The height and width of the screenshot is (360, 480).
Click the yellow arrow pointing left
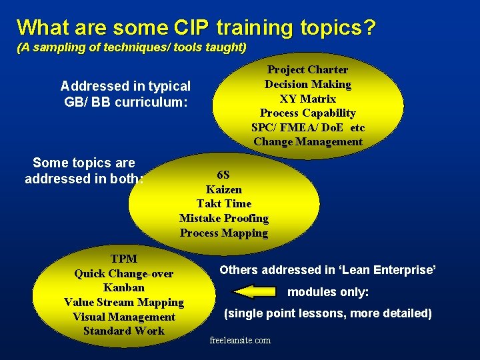pyautogui.click(x=254, y=292)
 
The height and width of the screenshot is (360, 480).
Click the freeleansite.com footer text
pyautogui.click(x=240, y=341)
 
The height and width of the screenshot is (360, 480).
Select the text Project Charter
pyautogui.click(x=307, y=69)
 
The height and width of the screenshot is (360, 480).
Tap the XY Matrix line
pyautogui.click(x=307, y=99)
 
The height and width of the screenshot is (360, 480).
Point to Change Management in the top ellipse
pyautogui.click(x=307, y=141)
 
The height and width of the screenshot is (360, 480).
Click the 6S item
pyautogui.click(x=224, y=175)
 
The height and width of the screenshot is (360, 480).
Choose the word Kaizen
pyautogui.click(x=224, y=189)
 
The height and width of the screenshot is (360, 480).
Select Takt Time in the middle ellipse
pyautogui.click(x=224, y=204)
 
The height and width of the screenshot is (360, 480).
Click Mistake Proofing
pyautogui.click(x=224, y=219)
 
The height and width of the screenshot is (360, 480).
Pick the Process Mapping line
pyautogui.click(x=224, y=233)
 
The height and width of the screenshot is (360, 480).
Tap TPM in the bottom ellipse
pyautogui.click(x=124, y=259)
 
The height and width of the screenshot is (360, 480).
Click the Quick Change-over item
pyautogui.click(x=124, y=273)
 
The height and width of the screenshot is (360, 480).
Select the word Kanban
pyautogui.click(x=124, y=288)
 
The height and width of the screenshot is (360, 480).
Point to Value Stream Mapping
pyautogui.click(x=124, y=303)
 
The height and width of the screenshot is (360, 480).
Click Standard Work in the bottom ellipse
pyautogui.click(x=124, y=331)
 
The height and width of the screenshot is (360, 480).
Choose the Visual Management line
pyautogui.click(x=124, y=317)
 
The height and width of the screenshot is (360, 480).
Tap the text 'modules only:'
pyautogui.click(x=328, y=292)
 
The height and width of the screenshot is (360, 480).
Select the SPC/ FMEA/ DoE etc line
pyautogui.click(x=307, y=127)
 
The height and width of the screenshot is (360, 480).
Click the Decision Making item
pyautogui.click(x=307, y=84)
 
